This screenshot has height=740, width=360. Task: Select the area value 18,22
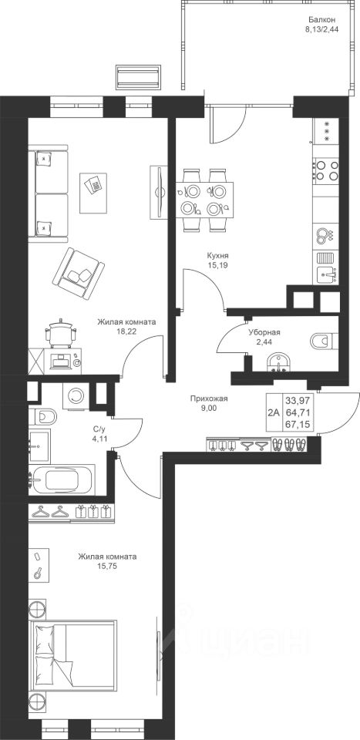(x=126, y=331)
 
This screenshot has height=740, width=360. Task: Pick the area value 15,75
(x=108, y=566)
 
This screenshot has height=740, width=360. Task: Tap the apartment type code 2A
(x=273, y=412)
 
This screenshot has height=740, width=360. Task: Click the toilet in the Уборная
(x=324, y=340)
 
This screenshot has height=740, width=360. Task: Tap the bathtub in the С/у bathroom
(x=62, y=480)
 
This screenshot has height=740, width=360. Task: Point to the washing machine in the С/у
(x=76, y=395)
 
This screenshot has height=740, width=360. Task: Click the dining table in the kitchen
(x=205, y=199)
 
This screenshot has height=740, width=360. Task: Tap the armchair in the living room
(x=79, y=274)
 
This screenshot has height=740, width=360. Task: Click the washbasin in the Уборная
(x=280, y=363)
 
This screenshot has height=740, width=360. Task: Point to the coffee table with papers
(x=93, y=193)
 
